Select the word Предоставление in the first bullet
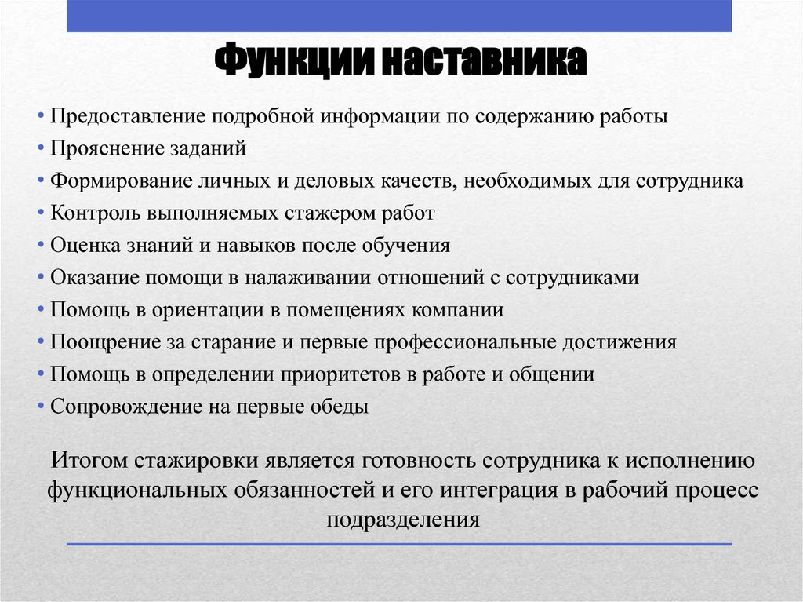point(125,116)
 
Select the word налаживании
point(310,277)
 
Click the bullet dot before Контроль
point(41,213)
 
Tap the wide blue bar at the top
point(399,16)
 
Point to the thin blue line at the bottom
point(399,544)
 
